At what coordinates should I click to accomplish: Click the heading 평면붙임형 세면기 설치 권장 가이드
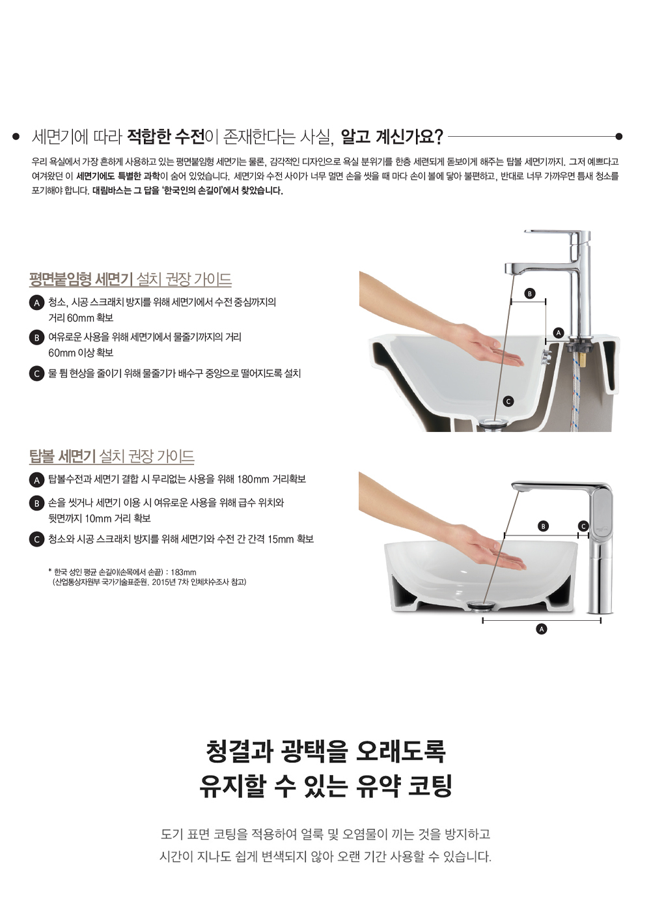coord(131,279)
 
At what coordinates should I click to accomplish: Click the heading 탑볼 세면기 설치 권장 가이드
coord(112,456)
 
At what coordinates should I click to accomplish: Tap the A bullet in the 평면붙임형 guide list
coord(36,303)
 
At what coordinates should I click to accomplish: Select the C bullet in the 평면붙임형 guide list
coord(36,374)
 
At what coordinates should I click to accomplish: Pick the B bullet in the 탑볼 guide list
coord(36,503)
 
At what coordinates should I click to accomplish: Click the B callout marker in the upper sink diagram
coord(529,294)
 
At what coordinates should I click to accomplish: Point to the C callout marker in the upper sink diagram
coord(508,401)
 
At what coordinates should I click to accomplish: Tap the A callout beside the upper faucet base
coord(559,333)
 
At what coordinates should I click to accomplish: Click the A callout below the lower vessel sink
coord(541,629)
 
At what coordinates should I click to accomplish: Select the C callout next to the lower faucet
coord(583,526)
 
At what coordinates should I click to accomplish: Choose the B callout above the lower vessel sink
coord(543,526)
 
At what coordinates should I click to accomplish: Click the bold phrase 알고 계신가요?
coord(391,137)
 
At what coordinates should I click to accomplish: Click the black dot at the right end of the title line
coord(619,136)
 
